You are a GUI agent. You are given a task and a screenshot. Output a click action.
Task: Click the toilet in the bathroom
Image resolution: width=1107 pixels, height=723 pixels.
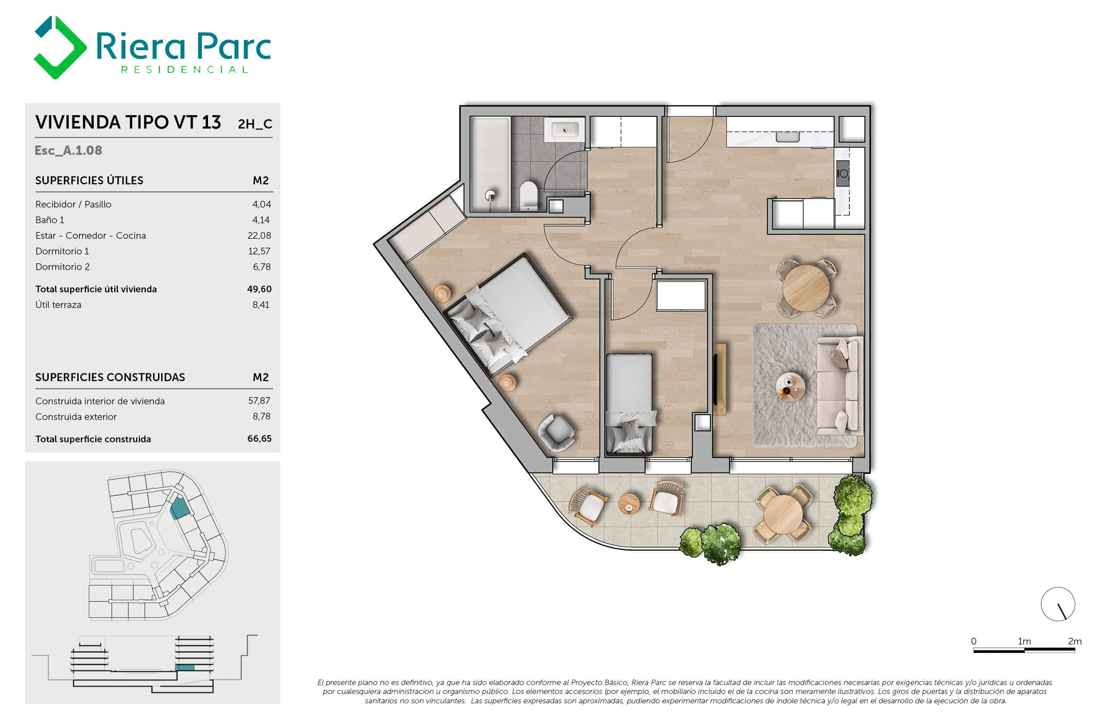tap(529, 196)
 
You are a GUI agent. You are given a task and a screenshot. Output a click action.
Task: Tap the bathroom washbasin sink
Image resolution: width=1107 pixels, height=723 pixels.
tap(564, 130)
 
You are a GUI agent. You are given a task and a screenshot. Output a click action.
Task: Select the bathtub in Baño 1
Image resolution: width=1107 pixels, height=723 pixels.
tap(490, 164)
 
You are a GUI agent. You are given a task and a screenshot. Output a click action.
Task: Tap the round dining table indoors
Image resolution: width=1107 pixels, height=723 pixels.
tap(806, 288)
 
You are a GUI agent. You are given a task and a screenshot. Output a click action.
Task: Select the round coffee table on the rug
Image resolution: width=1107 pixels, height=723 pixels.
tap(790, 386)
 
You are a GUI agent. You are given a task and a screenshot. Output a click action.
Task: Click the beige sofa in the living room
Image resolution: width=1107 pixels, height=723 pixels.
tap(840, 386)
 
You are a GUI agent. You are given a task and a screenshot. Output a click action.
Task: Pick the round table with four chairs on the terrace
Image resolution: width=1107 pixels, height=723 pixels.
tap(783, 514)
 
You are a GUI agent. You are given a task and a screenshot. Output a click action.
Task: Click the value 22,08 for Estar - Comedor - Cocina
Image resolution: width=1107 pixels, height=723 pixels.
tap(259, 236)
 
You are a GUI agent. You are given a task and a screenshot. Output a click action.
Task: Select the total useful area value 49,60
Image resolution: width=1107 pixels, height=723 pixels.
tap(259, 289)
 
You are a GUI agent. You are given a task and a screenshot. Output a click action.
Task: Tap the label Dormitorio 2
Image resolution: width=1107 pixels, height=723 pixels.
tap(62, 267)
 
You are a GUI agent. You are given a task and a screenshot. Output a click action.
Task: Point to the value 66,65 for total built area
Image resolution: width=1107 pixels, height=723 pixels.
tap(259, 439)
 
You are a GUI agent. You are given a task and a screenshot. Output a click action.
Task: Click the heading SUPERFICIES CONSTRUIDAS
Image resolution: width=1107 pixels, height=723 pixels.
tap(110, 377)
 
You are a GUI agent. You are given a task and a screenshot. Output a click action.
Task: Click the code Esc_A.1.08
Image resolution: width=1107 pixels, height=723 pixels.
tap(68, 151)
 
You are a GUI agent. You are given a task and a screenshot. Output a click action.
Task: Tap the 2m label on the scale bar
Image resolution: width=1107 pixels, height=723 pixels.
tap(1075, 641)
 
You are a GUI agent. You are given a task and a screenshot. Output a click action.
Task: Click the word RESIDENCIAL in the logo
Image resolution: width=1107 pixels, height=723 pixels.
tap(185, 70)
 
